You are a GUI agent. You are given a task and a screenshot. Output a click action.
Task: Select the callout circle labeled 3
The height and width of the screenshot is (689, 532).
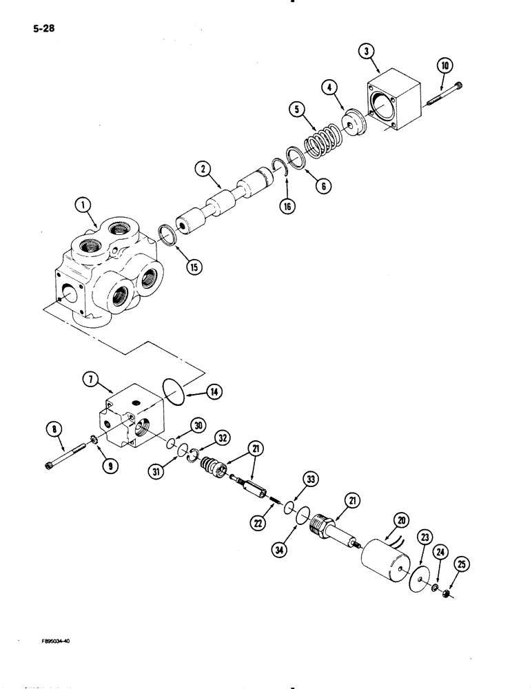click(369, 52)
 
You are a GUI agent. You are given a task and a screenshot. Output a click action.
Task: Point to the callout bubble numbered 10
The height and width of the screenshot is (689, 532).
click(444, 67)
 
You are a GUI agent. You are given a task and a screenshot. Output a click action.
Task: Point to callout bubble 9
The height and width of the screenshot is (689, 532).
click(108, 466)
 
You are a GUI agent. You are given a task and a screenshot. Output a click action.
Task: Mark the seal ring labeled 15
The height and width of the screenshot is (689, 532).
click(170, 234)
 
